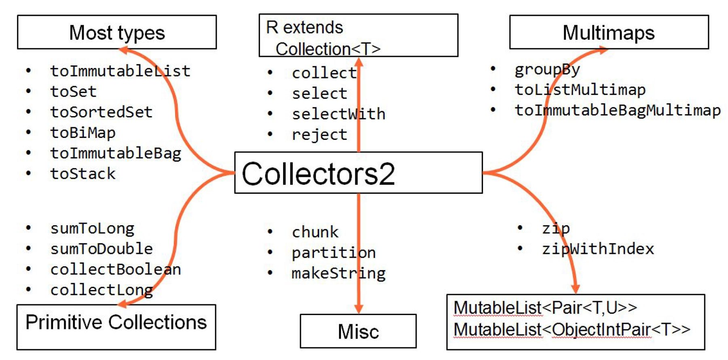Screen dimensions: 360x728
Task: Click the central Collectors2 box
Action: (358, 173)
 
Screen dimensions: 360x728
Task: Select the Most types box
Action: (117, 32)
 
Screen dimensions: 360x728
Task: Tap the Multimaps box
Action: (609, 32)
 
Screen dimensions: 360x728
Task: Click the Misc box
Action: (358, 331)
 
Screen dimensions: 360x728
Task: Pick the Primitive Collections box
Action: (116, 327)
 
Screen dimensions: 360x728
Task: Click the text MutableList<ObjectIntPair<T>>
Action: (571, 329)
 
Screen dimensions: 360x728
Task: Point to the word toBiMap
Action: (83, 133)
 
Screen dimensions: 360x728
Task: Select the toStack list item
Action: (83, 174)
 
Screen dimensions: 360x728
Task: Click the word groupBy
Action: (547, 70)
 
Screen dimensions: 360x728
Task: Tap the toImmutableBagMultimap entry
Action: (617, 110)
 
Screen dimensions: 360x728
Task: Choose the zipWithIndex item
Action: (598, 248)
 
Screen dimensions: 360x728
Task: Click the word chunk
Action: (315, 232)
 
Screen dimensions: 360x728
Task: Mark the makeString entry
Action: (339, 273)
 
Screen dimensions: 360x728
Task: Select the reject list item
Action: (320, 134)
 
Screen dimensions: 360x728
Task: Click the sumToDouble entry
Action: (102, 248)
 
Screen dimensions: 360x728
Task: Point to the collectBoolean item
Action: (116, 269)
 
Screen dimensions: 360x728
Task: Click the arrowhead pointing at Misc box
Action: (358, 309)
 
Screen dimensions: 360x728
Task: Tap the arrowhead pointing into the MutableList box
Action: (576, 288)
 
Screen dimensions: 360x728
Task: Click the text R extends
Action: (305, 28)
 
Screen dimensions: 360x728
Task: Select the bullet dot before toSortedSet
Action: (28, 112)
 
